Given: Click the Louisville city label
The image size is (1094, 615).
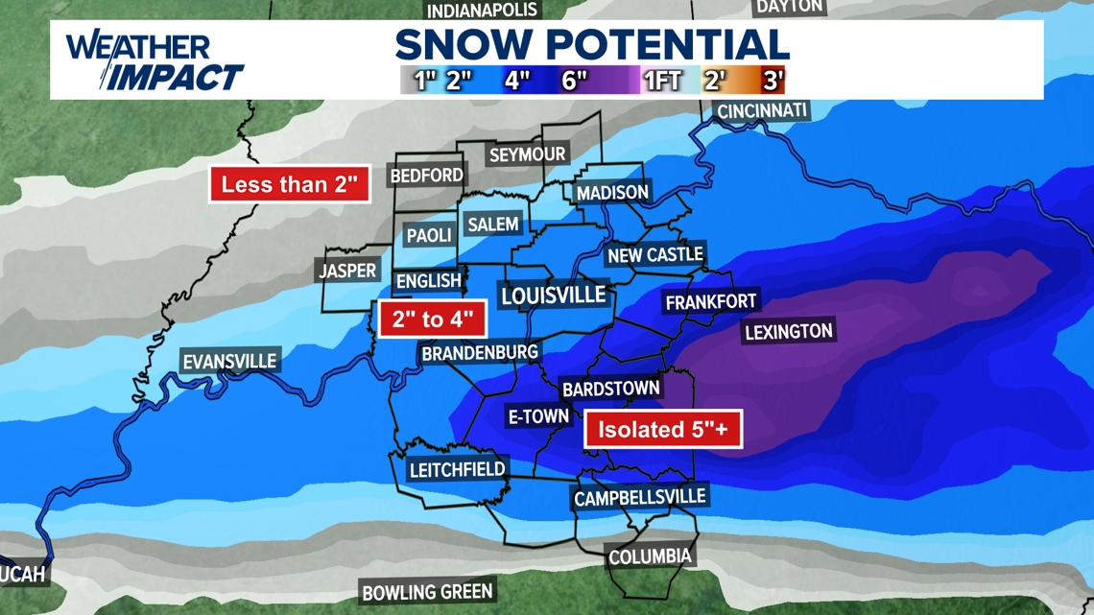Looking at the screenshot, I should click(554, 295).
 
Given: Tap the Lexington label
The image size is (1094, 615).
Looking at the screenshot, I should click(789, 332).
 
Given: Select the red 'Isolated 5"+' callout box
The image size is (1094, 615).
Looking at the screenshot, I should click(663, 429).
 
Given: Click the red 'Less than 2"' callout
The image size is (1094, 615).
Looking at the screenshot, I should click(290, 184).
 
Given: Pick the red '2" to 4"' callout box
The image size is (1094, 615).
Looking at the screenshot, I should click(432, 319).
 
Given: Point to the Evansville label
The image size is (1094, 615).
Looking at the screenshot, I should click(230, 362).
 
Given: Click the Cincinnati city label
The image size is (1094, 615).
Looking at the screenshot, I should click(763, 110).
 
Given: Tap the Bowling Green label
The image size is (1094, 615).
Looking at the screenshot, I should click(427, 592).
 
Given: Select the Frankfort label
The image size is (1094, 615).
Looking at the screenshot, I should click(711, 301).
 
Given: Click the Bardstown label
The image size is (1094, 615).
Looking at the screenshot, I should click(611, 389).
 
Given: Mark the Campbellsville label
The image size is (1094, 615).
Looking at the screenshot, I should click(639, 498).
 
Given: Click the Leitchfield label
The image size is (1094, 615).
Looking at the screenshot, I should click(458, 470).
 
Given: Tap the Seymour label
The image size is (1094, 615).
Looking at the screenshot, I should click(528, 154).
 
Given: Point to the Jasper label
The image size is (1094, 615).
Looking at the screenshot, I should click(347, 272).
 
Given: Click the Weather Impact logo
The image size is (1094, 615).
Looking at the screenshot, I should click(154, 61).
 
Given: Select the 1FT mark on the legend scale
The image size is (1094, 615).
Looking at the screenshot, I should click(662, 80).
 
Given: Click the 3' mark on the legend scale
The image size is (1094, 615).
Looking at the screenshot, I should click(773, 80).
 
